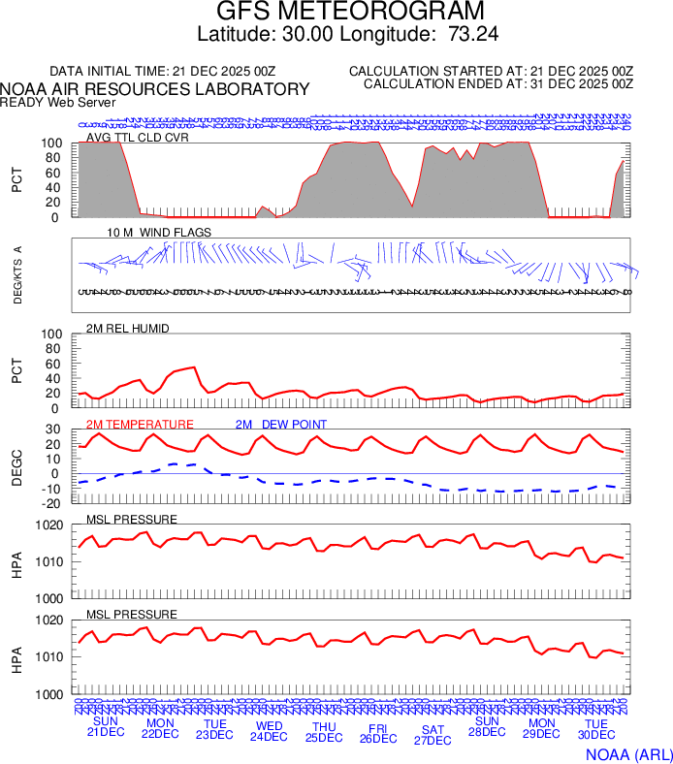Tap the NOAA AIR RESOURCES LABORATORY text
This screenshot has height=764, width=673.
[x=155, y=89]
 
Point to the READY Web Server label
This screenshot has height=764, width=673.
[x=58, y=102]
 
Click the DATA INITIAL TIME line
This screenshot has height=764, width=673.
[x=162, y=72]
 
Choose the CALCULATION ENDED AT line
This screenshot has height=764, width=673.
[x=498, y=84]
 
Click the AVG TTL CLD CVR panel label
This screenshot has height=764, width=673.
[x=138, y=137]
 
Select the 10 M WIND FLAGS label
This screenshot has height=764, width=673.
[x=159, y=233]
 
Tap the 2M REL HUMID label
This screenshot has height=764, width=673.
[x=128, y=329]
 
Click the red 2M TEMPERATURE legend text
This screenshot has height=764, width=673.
[x=140, y=424]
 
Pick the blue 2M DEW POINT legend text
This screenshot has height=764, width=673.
[x=280, y=424]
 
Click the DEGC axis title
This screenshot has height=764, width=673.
[x=16, y=465]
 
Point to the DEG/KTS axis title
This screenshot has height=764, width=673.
[x=17, y=275]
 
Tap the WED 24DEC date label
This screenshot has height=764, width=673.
[x=269, y=730]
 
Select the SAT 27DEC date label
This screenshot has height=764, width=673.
[x=433, y=734]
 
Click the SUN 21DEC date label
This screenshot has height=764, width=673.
[x=106, y=726]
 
